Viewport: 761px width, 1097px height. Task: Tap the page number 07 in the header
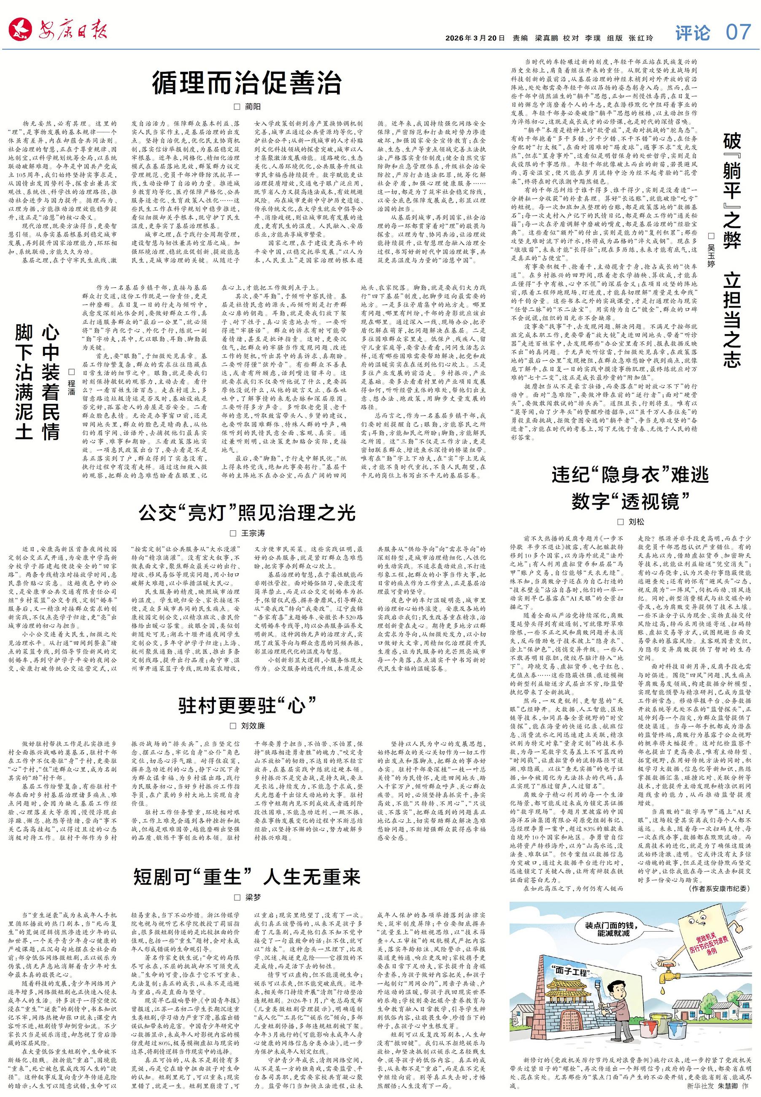tap(738, 32)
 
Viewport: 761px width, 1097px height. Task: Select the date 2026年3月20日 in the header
tap(475, 38)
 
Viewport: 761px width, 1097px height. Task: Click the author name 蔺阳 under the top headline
tap(253, 106)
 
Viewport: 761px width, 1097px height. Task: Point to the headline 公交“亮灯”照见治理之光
tap(247, 513)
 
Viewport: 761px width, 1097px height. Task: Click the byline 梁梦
tap(253, 897)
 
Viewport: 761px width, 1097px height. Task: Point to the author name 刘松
tap(636, 522)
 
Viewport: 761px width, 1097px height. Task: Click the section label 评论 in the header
tap(692, 33)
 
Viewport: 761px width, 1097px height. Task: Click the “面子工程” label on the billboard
tap(572, 969)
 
